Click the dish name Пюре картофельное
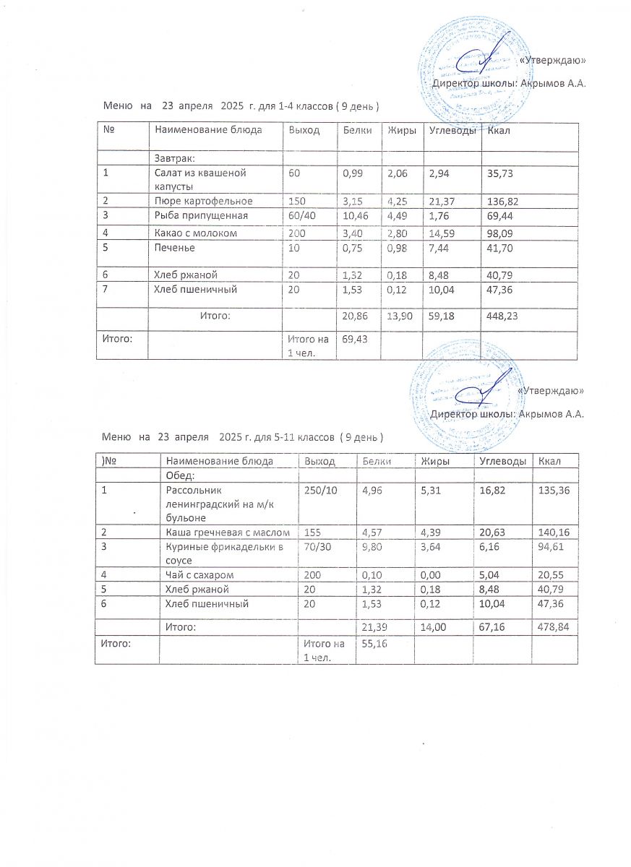tap(203, 201)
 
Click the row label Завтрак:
tap(176, 158)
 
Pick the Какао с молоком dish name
tap(195, 233)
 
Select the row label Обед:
tap(181, 475)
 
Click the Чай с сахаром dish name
tap(199, 575)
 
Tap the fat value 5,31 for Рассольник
tap(432, 491)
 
